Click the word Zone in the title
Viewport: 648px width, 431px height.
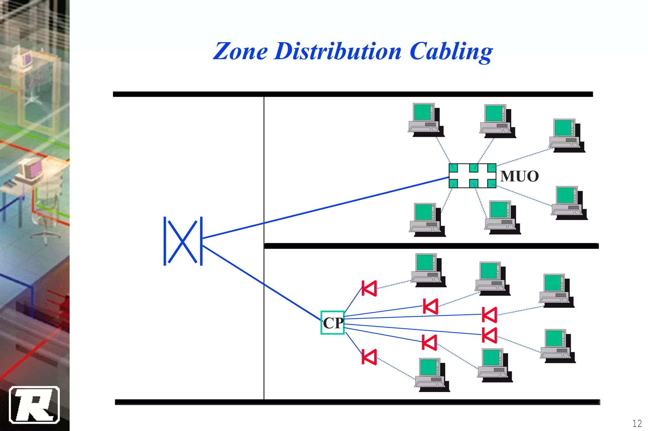[240, 52]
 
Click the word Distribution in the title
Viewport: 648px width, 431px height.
[338, 52]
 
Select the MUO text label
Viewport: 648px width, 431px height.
[519, 176]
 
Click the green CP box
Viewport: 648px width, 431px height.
[332, 323]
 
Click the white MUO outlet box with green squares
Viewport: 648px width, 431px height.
[472, 176]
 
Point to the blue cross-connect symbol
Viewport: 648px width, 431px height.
[183, 241]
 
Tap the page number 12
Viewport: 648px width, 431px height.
[637, 423]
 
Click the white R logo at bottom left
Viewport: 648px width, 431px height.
[34, 405]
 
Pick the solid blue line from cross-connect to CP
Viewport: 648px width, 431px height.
[263, 283]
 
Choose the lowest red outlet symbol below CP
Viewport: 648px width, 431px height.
[369, 357]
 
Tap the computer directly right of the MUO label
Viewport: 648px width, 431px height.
[569, 203]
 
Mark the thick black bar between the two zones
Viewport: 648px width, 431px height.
[431, 246]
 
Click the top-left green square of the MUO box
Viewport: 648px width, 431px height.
[453, 168]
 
